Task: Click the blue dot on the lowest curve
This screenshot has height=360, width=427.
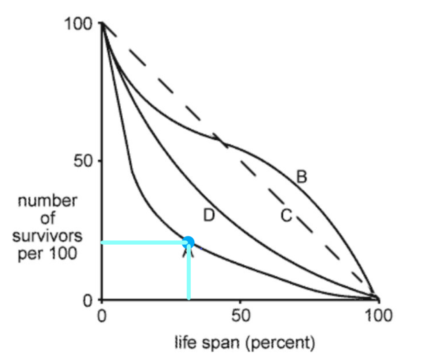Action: pos(189,242)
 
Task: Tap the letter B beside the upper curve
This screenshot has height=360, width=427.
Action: pos(301,177)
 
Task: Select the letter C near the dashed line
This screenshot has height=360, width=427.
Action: pos(286,216)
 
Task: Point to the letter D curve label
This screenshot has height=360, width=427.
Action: pos(209,216)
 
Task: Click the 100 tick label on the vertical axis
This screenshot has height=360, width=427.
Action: pos(78,25)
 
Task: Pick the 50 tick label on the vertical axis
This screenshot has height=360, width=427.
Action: pos(82,162)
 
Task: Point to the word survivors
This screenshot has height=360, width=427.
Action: pos(48,236)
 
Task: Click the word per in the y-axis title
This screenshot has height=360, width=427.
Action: pos(33,254)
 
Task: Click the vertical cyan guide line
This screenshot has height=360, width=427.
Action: pos(189,272)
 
